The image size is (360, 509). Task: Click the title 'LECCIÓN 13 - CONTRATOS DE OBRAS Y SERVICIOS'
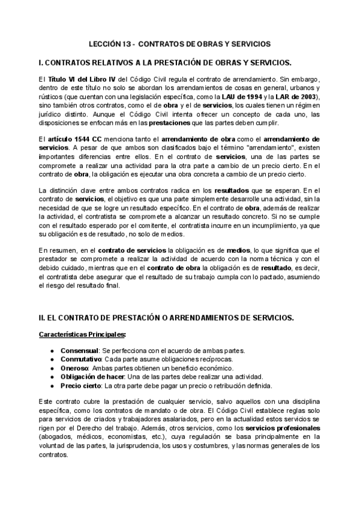[x=180, y=44]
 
